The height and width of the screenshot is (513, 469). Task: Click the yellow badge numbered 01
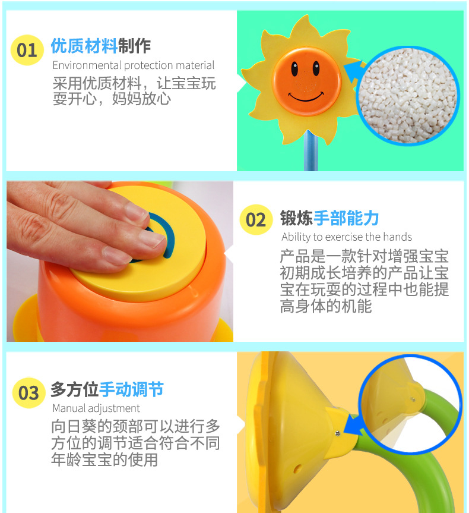(27, 49)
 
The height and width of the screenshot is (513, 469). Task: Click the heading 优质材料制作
(100, 46)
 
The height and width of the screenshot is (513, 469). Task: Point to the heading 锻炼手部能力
(329, 218)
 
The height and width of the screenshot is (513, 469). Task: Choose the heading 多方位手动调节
(106, 390)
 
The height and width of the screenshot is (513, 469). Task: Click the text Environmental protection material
(133, 65)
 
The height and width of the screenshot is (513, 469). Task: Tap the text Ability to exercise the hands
(346, 237)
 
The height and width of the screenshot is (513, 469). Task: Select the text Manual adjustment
(96, 408)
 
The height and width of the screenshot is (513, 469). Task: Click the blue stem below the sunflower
(309, 152)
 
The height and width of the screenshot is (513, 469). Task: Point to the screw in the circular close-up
(413, 399)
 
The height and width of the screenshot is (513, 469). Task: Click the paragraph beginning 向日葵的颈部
(135, 443)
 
